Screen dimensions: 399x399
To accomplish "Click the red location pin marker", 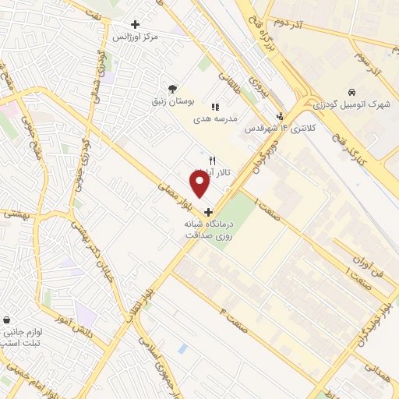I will [199, 182].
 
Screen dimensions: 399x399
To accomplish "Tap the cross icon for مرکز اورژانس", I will [136, 25].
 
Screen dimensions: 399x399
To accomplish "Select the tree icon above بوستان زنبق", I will [172, 88].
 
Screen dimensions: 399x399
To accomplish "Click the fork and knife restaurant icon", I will [200, 160].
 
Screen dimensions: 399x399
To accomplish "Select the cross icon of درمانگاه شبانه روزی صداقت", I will [207, 211].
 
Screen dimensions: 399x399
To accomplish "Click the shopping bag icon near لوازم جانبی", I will [7, 320].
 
